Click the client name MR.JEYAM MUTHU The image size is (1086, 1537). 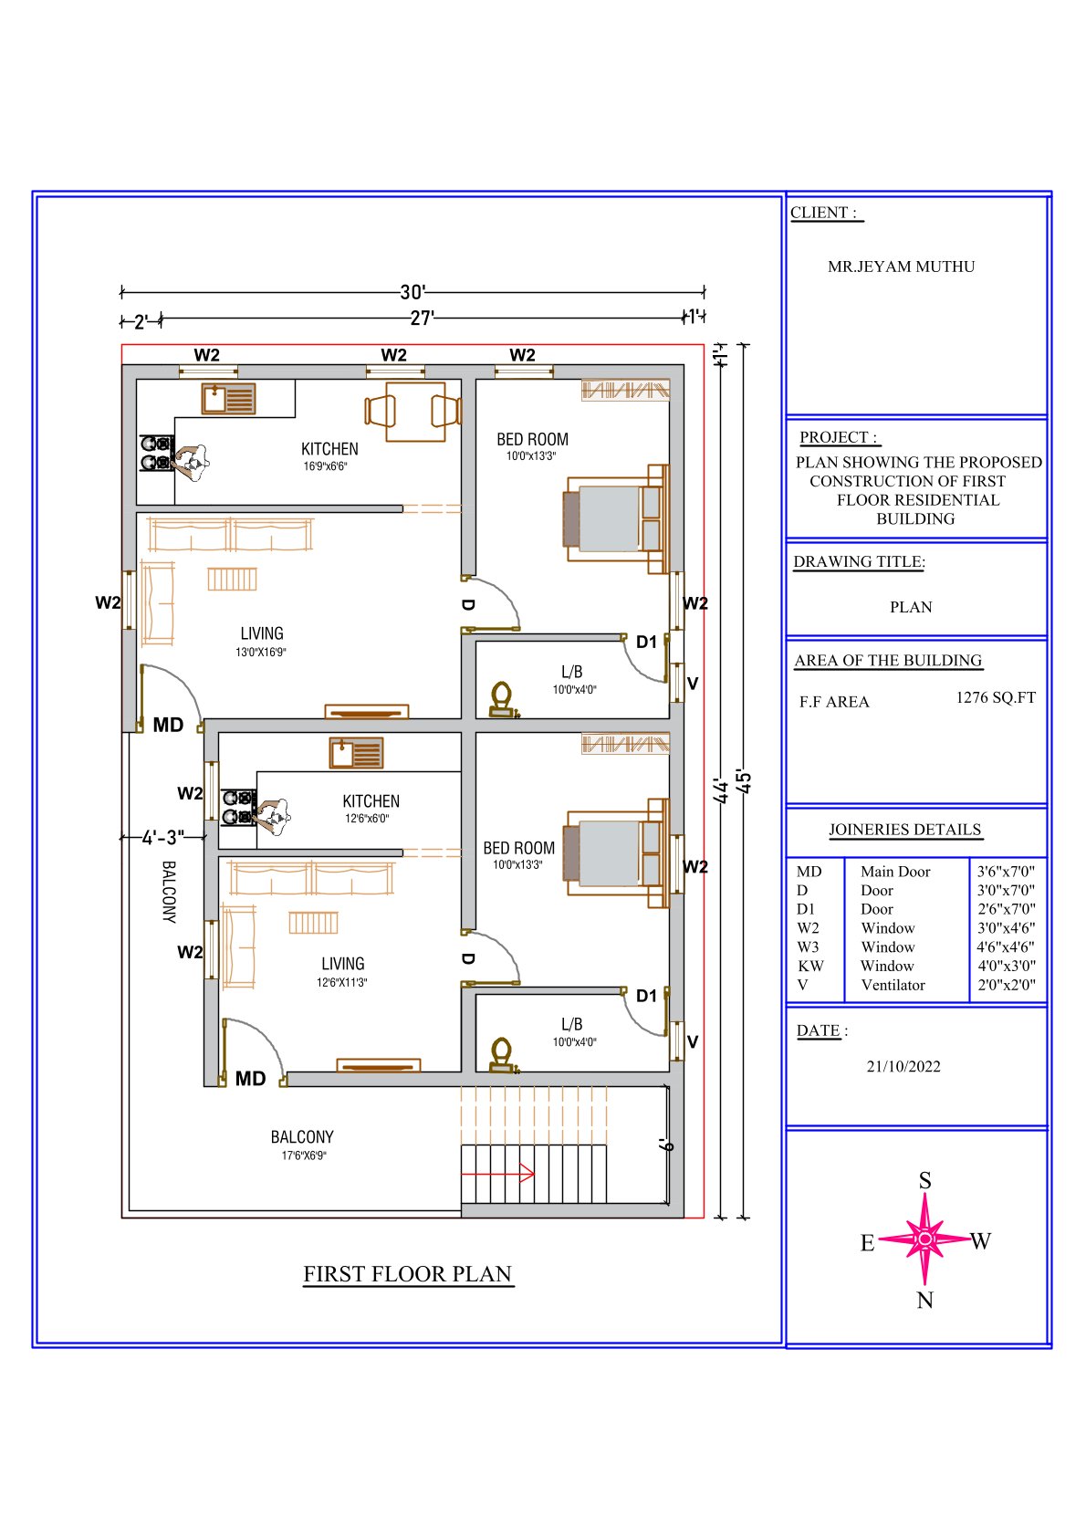[901, 267]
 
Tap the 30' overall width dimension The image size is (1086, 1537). [413, 292]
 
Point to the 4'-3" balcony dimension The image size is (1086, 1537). [163, 837]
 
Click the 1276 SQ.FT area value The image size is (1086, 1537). [996, 697]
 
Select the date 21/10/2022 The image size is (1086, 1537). [903, 1066]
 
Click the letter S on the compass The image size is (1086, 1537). [924, 1180]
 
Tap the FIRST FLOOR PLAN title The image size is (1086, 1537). [408, 1274]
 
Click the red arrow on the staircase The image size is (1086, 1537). [497, 1174]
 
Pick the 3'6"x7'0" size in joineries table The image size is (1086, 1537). [1006, 872]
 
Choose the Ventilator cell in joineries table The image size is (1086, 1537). [893, 985]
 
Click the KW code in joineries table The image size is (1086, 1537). [810, 967]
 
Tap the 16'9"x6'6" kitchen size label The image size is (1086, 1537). [326, 466]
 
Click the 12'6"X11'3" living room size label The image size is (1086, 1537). [341, 983]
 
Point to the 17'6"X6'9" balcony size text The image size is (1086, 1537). [304, 1155]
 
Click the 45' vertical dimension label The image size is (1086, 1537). [744, 781]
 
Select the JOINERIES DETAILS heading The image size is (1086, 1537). [905, 830]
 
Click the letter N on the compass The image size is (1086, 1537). [924, 1300]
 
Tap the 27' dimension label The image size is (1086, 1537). [422, 319]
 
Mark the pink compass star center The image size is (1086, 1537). [924, 1239]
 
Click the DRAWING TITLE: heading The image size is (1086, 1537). [859, 561]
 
